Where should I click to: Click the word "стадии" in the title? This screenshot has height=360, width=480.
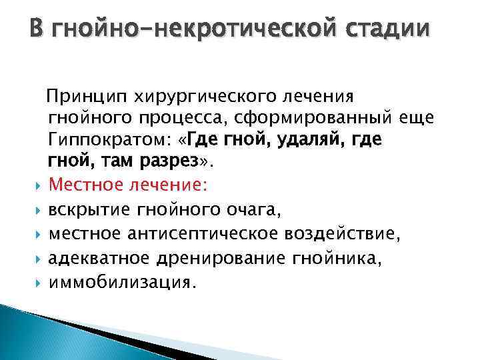tap(386, 31)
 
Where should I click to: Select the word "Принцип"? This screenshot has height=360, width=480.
tap(79, 97)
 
